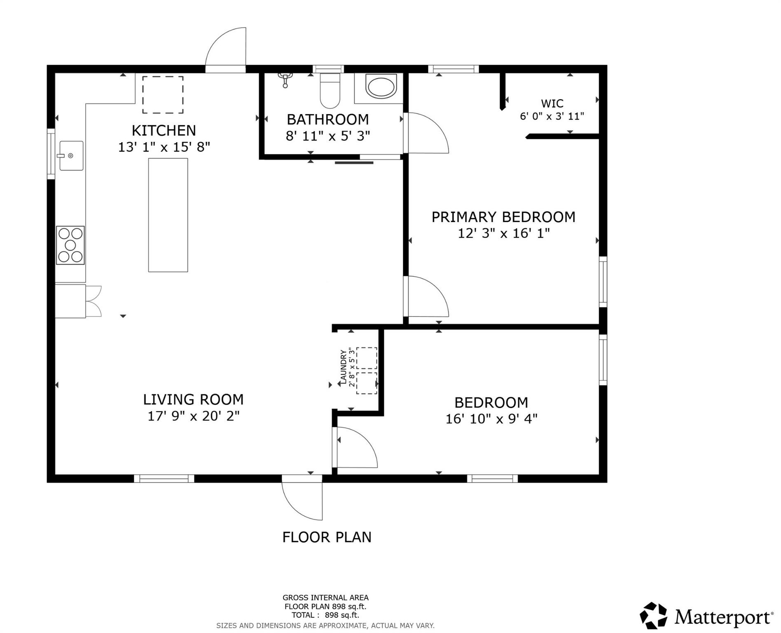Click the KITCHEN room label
164,131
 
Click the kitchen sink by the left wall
71,155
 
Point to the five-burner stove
70,245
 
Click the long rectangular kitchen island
168,215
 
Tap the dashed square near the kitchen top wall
163,95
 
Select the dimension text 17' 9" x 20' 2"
193,416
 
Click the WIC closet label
552,103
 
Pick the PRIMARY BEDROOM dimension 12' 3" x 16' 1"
503,234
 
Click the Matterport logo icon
653,617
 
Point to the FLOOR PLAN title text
327,537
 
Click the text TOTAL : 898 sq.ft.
325,615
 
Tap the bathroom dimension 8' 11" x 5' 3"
328,136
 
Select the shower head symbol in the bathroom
285,80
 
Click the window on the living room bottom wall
164,478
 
